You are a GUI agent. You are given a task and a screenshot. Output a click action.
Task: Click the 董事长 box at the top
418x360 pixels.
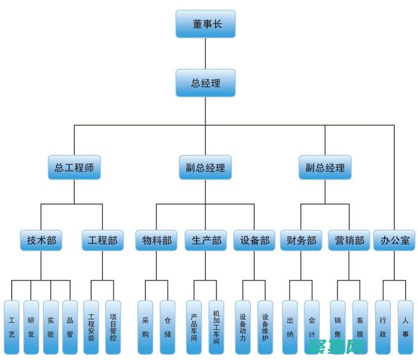pyautogui.click(x=205, y=24)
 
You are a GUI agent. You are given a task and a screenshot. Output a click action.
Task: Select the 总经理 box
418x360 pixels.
pyautogui.click(x=205, y=83)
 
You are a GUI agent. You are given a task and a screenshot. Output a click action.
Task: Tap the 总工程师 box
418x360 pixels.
pyautogui.click(x=74, y=166)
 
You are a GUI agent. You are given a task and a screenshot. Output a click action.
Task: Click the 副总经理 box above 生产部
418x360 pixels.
pyautogui.click(x=205, y=166)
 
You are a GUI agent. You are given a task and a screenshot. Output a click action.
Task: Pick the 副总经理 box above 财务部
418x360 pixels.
pyautogui.click(x=325, y=166)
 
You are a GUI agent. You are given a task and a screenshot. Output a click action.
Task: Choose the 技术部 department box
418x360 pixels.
pyautogui.click(x=41, y=240)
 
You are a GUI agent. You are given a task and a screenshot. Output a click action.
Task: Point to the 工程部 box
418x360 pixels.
pyautogui.click(x=103, y=240)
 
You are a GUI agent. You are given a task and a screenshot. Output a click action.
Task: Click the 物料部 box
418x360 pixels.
pyautogui.click(x=156, y=240)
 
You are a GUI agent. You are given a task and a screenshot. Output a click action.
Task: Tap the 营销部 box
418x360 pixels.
pyautogui.click(x=349, y=240)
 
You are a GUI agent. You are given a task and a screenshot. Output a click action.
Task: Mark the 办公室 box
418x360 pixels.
pyautogui.click(x=394, y=240)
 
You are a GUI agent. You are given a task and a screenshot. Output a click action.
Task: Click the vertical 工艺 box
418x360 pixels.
pyautogui.click(x=12, y=327)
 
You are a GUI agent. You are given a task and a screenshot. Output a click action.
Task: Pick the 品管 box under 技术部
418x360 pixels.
pyautogui.click(x=70, y=327)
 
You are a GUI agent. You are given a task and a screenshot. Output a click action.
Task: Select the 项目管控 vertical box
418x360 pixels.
pyautogui.click(x=113, y=327)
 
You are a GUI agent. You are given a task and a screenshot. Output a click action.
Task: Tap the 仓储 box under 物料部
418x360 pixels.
pyautogui.click(x=167, y=327)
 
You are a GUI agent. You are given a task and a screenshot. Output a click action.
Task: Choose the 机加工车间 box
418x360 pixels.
pyautogui.click(x=216, y=327)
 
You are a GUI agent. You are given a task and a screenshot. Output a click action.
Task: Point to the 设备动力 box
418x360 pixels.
pyautogui.click(x=243, y=327)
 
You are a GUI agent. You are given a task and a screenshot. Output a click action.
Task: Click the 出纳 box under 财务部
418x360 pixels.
pyautogui.click(x=290, y=327)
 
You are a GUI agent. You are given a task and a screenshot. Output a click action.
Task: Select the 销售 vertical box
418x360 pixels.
pyautogui.click(x=337, y=327)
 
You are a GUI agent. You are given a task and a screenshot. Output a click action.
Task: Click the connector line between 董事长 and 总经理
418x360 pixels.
pyautogui.click(x=205, y=53)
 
